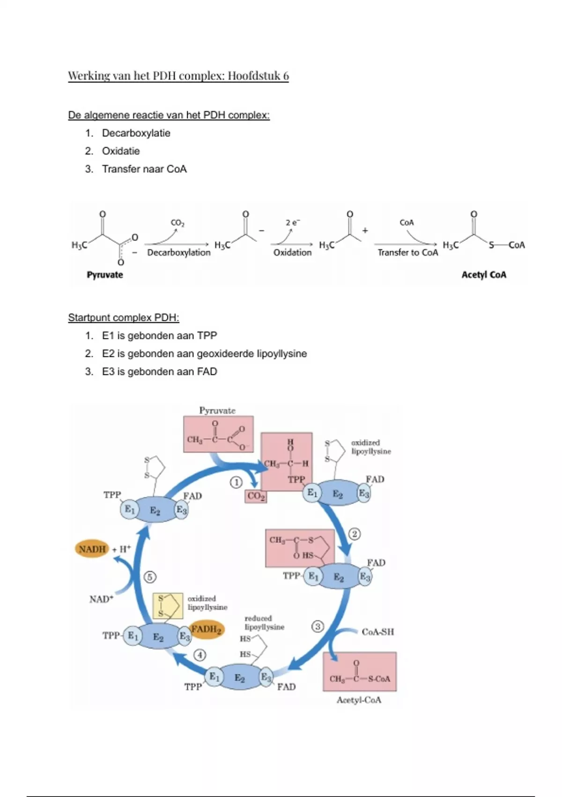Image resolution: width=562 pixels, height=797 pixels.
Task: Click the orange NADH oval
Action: [x=92, y=549]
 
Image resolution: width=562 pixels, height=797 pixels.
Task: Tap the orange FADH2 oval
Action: [x=207, y=629]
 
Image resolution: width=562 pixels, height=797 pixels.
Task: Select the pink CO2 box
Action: [x=256, y=496]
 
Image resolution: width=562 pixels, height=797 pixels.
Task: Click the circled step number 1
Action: [x=236, y=482]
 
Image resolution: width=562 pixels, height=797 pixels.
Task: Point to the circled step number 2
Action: [x=355, y=534]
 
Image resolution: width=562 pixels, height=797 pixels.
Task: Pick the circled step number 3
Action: [x=318, y=626]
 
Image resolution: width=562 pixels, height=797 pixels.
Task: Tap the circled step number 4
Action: [x=200, y=654]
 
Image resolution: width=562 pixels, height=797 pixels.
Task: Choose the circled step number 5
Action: [x=150, y=577]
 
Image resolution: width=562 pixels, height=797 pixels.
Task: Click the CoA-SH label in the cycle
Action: [x=377, y=632]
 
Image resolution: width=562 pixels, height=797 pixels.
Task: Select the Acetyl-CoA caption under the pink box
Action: [x=359, y=700]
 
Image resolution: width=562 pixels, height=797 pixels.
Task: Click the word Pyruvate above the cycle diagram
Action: [x=217, y=411]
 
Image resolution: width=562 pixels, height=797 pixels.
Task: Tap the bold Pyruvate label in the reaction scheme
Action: [x=105, y=275]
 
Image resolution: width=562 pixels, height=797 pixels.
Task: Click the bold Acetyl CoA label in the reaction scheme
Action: [x=484, y=275]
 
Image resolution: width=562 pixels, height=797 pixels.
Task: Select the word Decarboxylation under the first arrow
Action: [x=179, y=253]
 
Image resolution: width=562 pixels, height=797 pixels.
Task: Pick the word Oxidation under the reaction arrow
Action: [x=292, y=253]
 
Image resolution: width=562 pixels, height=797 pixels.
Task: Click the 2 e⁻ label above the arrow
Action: [x=293, y=223]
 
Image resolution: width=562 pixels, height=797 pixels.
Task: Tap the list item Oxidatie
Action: [x=121, y=151]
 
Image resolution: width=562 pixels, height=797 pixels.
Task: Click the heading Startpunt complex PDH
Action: [x=124, y=318]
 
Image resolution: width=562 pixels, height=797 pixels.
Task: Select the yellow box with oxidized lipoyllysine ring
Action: [x=168, y=606]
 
